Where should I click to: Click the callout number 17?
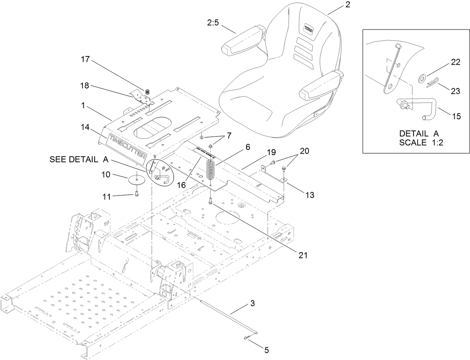click(86, 59)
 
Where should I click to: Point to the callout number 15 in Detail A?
click(456, 116)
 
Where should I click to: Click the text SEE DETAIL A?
click(79, 160)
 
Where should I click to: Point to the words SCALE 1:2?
click(419, 142)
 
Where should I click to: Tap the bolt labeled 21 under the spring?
click(211, 201)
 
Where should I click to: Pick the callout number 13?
click(309, 194)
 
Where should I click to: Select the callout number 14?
click(85, 127)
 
